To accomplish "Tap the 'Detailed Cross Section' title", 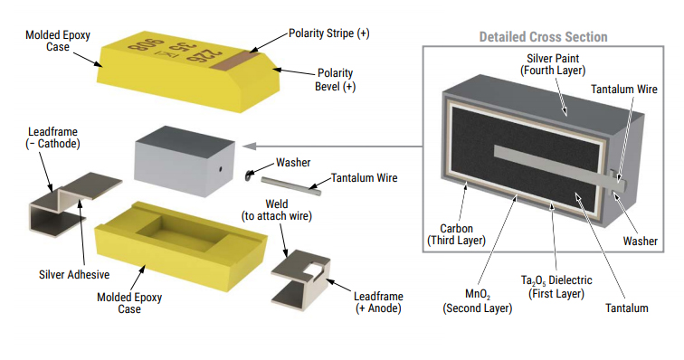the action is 543,37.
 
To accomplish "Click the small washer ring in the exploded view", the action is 249,175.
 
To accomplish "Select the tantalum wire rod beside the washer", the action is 291,186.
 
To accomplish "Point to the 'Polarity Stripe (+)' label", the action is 329,33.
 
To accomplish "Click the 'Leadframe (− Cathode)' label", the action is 52,137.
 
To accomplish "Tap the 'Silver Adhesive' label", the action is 74,274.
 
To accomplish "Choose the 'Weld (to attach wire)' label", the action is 277,210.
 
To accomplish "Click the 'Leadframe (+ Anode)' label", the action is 378,302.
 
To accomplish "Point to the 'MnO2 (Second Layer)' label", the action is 477,301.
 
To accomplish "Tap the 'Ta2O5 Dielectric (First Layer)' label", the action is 556,287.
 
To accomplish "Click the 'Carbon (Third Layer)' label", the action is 456,234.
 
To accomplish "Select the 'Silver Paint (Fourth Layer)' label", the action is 553,64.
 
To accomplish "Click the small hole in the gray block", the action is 221,169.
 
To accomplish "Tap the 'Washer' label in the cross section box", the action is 640,241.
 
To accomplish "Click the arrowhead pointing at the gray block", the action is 249,147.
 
